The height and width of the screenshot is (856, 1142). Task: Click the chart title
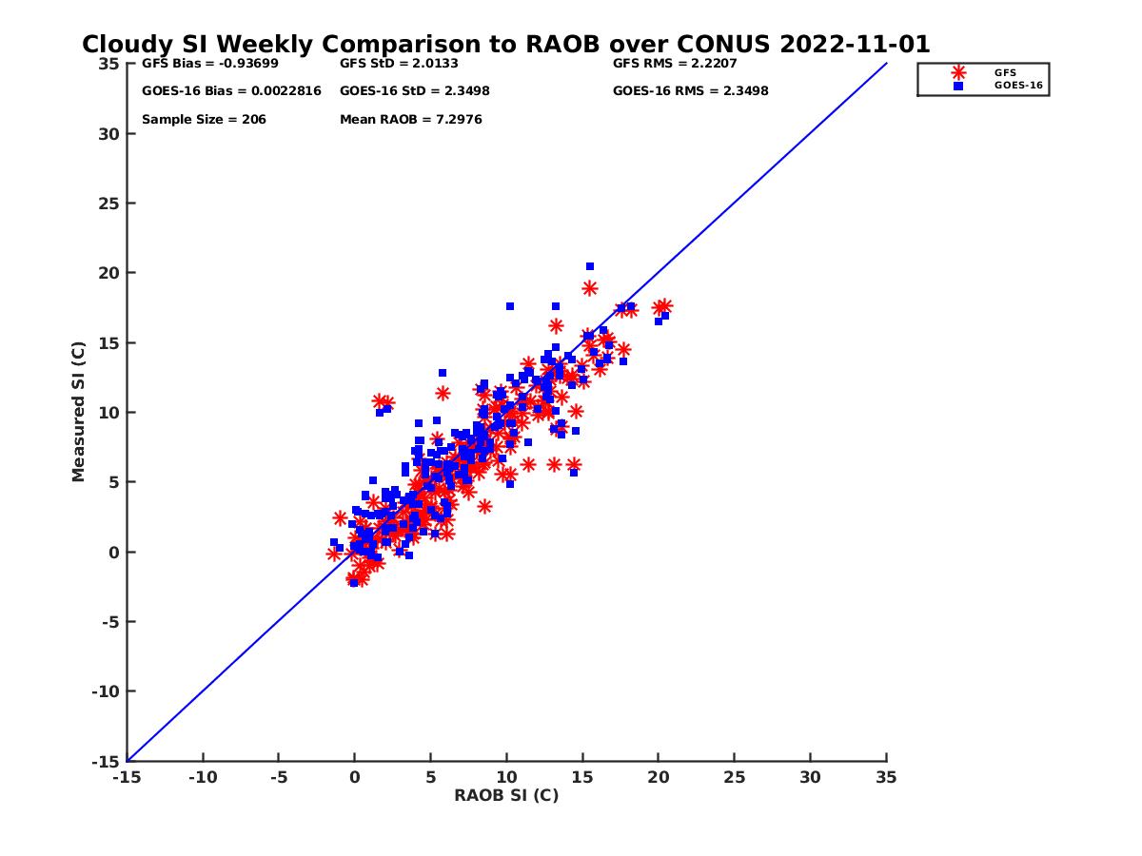pyautogui.click(x=505, y=45)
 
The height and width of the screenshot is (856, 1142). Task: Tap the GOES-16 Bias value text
pyautogui.click(x=231, y=91)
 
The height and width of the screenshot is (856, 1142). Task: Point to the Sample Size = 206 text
pyautogui.click(x=204, y=120)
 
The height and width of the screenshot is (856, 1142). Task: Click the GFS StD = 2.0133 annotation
pyautogui.click(x=400, y=64)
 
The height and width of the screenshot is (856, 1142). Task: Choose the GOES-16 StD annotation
pyautogui.click(x=415, y=91)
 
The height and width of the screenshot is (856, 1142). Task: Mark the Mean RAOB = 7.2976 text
pyautogui.click(x=410, y=120)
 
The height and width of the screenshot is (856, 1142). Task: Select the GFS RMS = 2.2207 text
pyautogui.click(x=675, y=64)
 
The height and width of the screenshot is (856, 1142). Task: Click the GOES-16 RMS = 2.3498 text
pyautogui.click(x=690, y=91)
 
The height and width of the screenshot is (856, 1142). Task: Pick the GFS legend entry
pyautogui.click(x=1005, y=72)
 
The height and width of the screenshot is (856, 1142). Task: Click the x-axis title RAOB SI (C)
pyautogui.click(x=506, y=795)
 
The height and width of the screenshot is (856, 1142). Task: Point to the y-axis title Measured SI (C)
pyautogui.click(x=78, y=412)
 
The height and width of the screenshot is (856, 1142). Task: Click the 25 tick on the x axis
pyautogui.click(x=734, y=777)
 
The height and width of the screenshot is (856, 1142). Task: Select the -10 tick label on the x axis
pyautogui.click(x=202, y=777)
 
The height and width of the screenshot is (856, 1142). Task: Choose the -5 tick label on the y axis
pyautogui.click(x=110, y=622)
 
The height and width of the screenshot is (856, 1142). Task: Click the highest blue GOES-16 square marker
pyautogui.click(x=590, y=266)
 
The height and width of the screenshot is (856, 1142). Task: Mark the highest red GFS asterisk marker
pyautogui.click(x=590, y=288)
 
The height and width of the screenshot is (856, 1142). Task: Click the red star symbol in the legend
pyautogui.click(x=958, y=72)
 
